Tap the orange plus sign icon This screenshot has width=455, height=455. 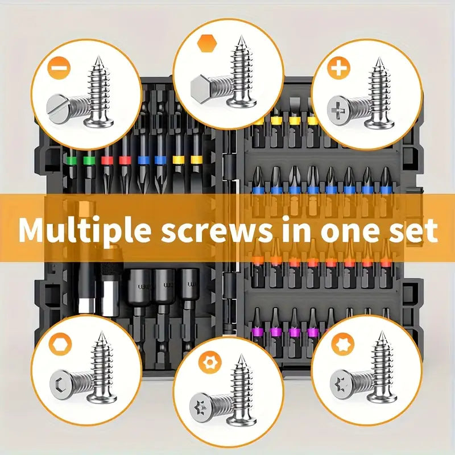[x=340, y=69]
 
